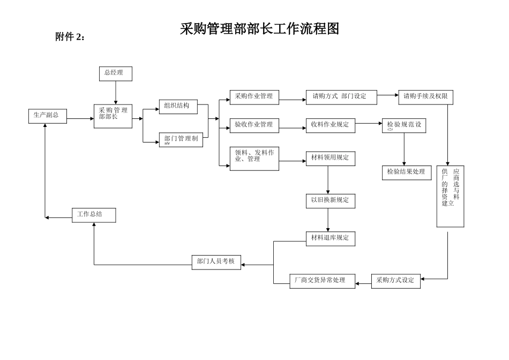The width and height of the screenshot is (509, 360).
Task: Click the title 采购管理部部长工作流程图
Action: (x=259, y=29)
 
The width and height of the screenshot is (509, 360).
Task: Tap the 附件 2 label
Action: (x=70, y=37)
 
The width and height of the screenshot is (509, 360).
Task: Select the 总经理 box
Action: (x=115, y=74)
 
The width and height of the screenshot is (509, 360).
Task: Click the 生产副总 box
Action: (x=48, y=116)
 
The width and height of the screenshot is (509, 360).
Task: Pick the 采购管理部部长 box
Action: (x=113, y=116)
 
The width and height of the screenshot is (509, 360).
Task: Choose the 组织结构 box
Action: (x=178, y=107)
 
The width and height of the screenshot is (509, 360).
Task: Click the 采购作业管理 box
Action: (x=254, y=97)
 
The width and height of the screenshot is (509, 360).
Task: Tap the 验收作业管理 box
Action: (x=254, y=125)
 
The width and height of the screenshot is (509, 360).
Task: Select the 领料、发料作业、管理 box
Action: (x=254, y=159)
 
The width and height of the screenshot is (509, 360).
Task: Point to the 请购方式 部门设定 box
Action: (x=341, y=97)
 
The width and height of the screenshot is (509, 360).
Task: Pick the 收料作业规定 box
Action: (x=331, y=125)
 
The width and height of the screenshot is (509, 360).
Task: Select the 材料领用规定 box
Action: (x=331, y=158)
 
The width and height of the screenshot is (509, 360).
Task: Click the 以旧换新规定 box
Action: (x=331, y=201)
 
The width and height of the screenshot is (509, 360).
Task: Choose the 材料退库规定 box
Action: (x=331, y=238)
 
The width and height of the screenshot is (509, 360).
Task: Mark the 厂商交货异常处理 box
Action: (x=323, y=281)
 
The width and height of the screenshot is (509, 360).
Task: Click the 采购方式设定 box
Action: (x=396, y=281)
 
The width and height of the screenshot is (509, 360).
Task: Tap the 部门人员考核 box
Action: (x=216, y=262)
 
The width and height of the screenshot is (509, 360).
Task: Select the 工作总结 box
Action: (x=94, y=215)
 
